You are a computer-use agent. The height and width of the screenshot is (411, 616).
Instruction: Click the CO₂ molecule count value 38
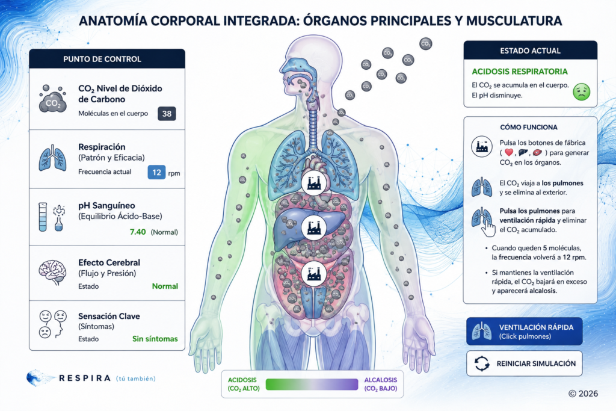tap(167, 114)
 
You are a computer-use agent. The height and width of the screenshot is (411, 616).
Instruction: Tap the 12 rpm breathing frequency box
tap(156, 172)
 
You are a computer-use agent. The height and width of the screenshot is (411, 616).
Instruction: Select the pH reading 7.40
tap(138, 232)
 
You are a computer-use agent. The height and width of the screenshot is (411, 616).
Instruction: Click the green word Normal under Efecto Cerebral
tap(165, 286)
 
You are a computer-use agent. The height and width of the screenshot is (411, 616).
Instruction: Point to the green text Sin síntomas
tap(155, 339)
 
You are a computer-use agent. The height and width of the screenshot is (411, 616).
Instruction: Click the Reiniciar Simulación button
tap(524, 363)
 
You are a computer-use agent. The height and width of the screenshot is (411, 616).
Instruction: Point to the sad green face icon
tap(582, 91)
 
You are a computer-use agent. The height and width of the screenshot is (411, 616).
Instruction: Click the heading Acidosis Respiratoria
tap(519, 72)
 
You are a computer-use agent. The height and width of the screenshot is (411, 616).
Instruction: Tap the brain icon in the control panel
tap(53, 272)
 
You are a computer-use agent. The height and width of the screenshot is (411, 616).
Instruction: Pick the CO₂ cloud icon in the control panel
tap(52, 99)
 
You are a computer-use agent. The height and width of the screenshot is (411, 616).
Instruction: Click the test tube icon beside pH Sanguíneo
tap(43, 217)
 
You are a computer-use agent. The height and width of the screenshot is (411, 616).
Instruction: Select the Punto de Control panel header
tap(107, 59)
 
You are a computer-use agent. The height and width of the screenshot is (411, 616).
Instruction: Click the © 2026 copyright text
tap(583, 394)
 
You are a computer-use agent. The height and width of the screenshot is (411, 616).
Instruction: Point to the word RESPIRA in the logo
tap(84, 378)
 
